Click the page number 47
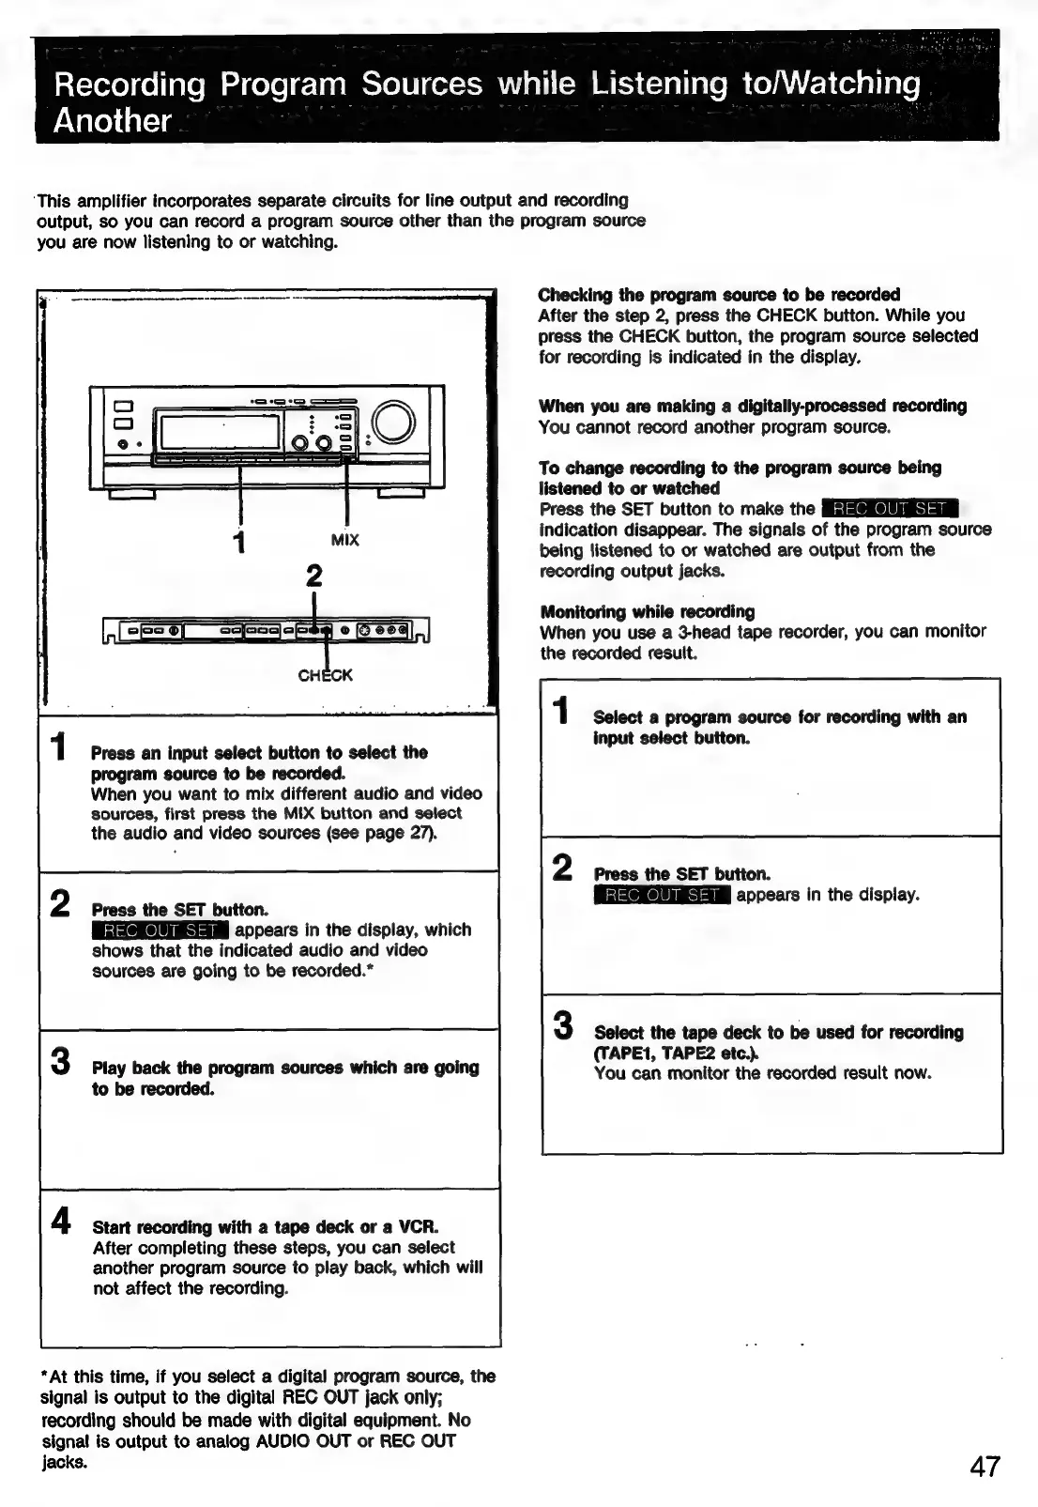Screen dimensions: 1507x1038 click(985, 1466)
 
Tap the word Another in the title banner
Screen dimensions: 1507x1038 click(113, 121)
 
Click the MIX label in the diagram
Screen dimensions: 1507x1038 click(345, 540)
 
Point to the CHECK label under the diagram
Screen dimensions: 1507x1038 click(325, 675)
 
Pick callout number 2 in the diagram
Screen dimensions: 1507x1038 click(314, 575)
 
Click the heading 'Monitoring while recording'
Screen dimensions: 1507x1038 click(647, 611)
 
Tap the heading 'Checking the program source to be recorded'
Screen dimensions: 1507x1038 click(719, 294)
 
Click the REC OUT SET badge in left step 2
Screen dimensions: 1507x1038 click(160, 930)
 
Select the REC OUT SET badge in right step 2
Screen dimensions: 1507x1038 click(663, 895)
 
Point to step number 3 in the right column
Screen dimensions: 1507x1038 click(562, 1025)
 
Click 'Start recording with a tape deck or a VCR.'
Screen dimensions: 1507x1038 click(266, 1227)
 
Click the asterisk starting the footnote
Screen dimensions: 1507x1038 click(45, 1376)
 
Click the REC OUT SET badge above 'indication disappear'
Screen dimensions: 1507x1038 click(889, 509)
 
